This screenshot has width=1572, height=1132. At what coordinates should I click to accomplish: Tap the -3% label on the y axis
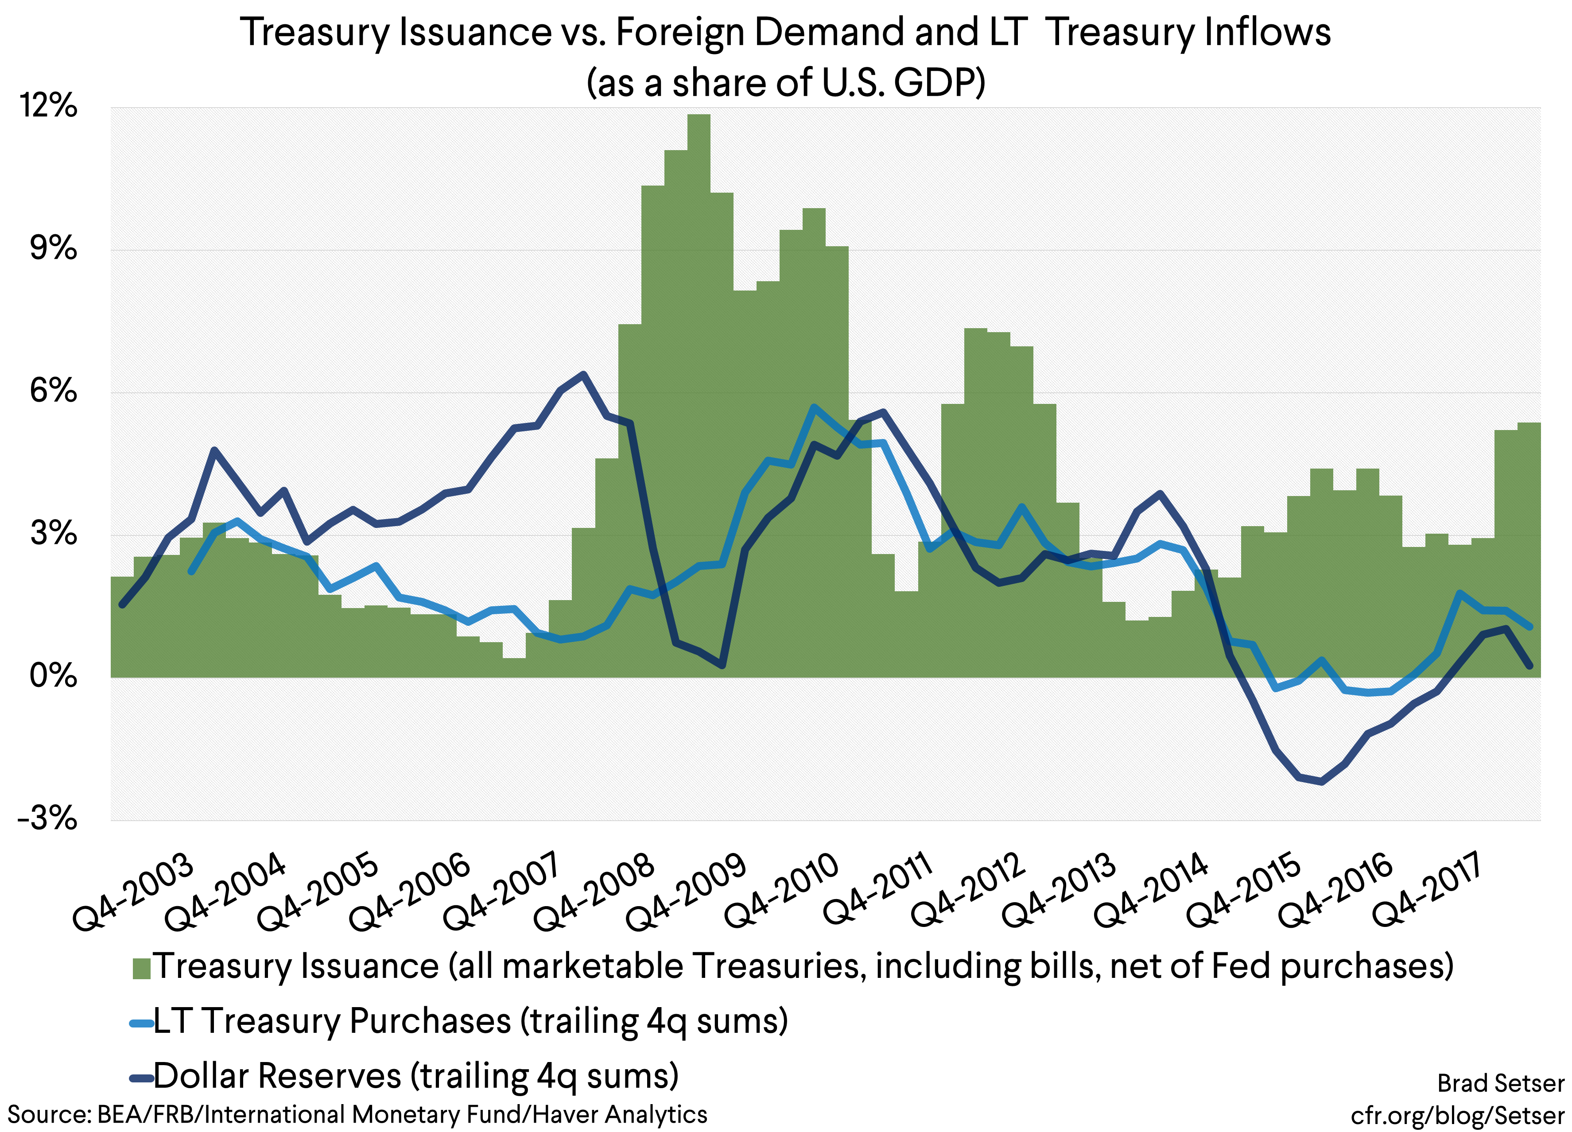pyautogui.click(x=47, y=819)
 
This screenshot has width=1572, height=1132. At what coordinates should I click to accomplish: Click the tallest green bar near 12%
pyautogui.click(x=699, y=395)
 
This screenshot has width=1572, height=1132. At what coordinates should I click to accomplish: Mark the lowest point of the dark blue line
pyautogui.click(x=1322, y=782)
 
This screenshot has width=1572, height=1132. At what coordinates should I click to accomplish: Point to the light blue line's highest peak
pyautogui.click(x=815, y=407)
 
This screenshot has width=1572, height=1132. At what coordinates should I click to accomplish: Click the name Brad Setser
pyautogui.click(x=1501, y=1083)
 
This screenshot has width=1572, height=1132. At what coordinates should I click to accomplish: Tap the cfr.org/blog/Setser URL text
pyautogui.click(x=1458, y=1115)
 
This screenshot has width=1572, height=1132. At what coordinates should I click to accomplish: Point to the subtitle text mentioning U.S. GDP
pyautogui.click(x=785, y=82)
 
